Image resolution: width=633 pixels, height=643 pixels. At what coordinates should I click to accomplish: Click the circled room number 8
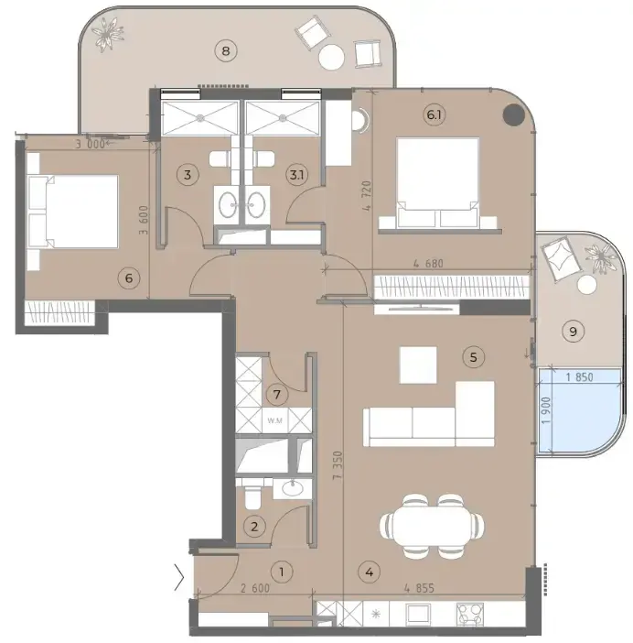click(x=226, y=51)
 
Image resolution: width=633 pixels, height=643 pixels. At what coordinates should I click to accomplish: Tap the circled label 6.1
click(x=434, y=114)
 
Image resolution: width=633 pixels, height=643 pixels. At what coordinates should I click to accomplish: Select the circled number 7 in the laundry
click(x=277, y=395)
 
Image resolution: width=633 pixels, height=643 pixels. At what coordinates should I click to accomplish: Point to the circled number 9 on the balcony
click(x=573, y=331)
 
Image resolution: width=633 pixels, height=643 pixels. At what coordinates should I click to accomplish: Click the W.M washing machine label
click(x=274, y=420)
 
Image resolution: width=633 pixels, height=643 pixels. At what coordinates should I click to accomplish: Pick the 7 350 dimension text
click(x=338, y=465)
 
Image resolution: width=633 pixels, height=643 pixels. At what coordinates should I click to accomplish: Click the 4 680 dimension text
click(x=428, y=263)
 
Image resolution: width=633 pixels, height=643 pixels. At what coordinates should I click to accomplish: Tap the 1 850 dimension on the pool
click(x=579, y=376)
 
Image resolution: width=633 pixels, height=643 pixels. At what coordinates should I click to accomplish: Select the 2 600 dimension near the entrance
click(x=255, y=588)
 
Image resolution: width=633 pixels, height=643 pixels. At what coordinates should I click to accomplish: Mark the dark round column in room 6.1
click(x=513, y=114)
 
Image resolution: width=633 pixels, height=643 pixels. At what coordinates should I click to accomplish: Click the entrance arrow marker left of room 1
click(x=179, y=577)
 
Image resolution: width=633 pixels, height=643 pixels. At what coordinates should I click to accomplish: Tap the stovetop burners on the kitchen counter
click(x=469, y=614)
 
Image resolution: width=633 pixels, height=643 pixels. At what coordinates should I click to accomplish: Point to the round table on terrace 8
click(x=331, y=57)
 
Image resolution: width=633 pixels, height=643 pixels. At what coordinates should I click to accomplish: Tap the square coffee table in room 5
click(x=418, y=365)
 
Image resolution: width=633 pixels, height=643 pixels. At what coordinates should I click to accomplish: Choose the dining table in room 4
click(x=432, y=526)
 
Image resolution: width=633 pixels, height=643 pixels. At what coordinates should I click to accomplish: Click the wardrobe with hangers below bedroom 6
click(x=59, y=313)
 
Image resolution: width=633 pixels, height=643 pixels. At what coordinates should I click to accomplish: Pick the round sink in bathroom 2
click(x=293, y=488)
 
